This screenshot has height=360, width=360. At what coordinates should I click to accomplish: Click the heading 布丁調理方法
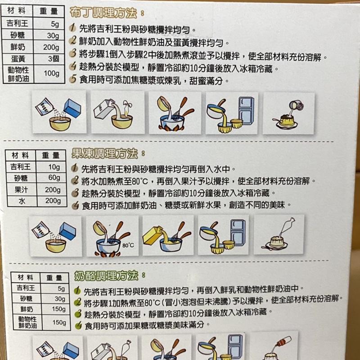(103, 13)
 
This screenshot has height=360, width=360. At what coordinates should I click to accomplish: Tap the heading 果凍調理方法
(104, 153)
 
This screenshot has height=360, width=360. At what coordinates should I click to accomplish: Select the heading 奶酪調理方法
(106, 275)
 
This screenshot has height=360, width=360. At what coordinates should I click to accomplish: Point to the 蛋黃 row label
(18, 59)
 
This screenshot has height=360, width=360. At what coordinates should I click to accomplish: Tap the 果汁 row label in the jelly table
(21, 189)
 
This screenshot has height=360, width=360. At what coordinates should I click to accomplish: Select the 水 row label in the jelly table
(22, 201)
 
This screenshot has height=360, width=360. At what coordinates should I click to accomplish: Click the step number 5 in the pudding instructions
(72, 79)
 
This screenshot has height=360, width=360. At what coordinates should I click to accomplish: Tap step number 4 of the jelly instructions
(76, 205)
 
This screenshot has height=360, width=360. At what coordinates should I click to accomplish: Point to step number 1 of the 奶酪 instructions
(77, 290)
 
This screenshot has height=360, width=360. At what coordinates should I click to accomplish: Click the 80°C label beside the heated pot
(128, 245)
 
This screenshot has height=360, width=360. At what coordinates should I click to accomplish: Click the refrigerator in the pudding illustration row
(246, 111)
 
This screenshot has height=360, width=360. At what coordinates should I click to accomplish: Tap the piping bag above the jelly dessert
(287, 227)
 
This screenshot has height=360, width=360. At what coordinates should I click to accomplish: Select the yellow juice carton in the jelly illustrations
(152, 235)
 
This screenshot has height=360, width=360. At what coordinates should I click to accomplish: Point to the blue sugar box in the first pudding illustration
(72, 108)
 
